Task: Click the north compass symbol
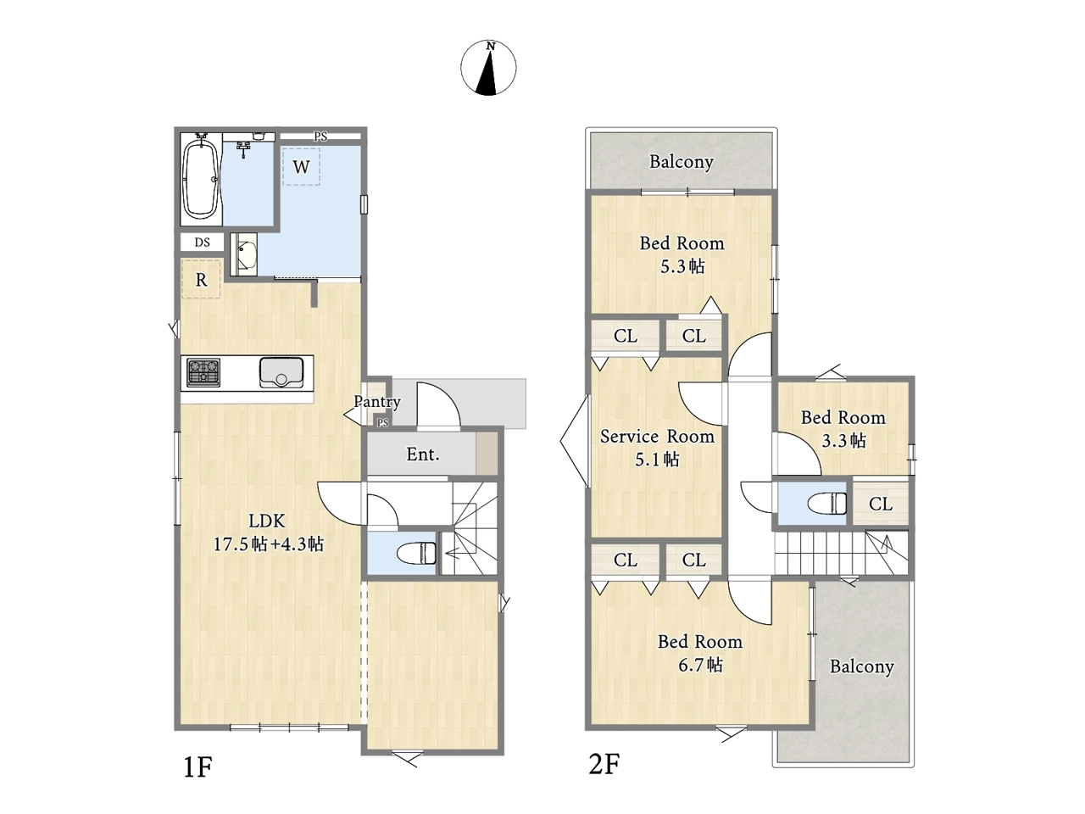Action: click(488, 68)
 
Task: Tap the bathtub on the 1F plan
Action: click(201, 180)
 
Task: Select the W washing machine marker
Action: click(301, 166)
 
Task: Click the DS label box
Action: click(202, 243)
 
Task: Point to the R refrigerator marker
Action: click(201, 279)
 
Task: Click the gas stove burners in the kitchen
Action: click(203, 372)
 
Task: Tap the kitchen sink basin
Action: click(281, 372)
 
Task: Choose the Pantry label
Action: click(377, 401)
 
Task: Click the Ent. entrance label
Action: click(423, 454)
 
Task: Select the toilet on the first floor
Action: click(417, 553)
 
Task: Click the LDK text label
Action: click(267, 521)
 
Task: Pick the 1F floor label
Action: click(198, 767)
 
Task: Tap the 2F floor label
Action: click(604, 764)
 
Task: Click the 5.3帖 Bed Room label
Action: click(682, 254)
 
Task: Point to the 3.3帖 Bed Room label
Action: click(843, 428)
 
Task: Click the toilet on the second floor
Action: click(827, 503)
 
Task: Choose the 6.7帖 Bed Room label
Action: click(700, 653)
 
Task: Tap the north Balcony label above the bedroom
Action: click(682, 162)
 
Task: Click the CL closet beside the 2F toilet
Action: click(881, 504)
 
